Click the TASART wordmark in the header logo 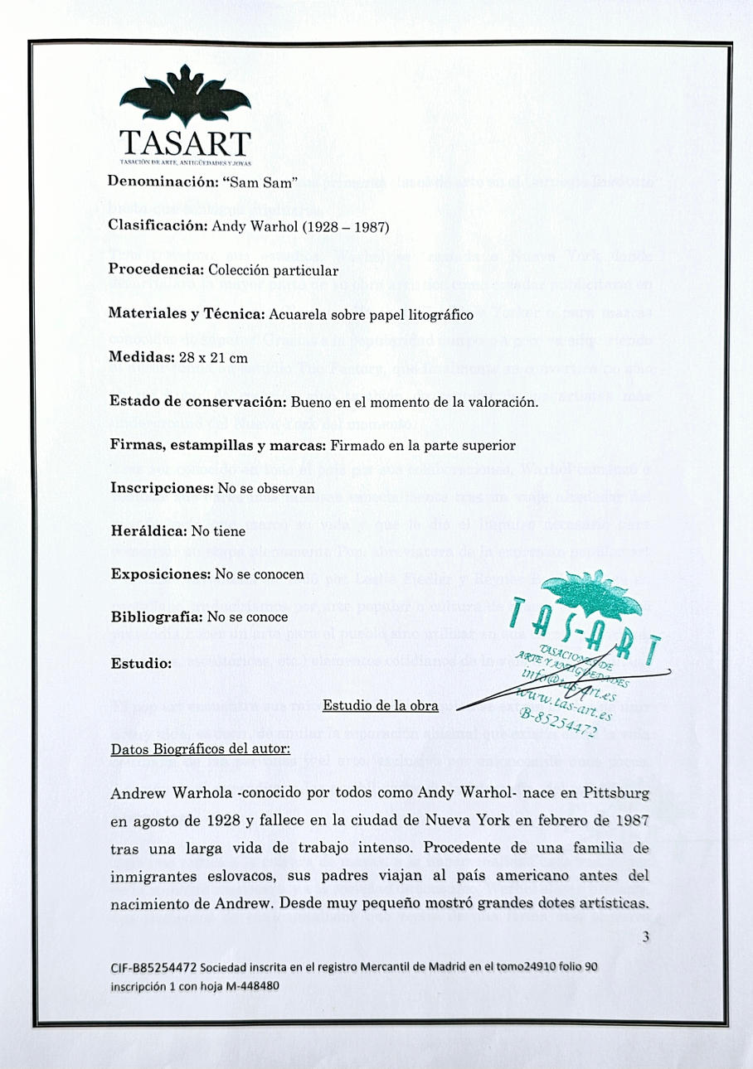(x=184, y=142)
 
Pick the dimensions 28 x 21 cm (x=214, y=359)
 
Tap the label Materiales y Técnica (x=186, y=314)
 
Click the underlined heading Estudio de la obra (x=381, y=706)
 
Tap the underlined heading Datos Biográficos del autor (x=200, y=749)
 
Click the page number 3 (x=645, y=937)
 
